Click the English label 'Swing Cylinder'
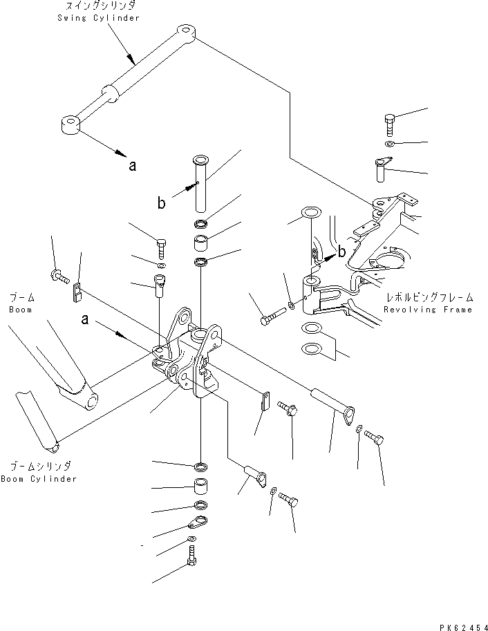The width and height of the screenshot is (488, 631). click(98, 18)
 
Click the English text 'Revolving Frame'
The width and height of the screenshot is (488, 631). click(429, 310)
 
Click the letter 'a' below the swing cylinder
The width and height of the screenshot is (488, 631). click(132, 165)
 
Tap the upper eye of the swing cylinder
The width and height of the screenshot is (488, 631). click(185, 32)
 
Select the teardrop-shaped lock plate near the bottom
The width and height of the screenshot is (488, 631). click(200, 522)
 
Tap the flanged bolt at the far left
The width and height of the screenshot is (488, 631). click(57, 276)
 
